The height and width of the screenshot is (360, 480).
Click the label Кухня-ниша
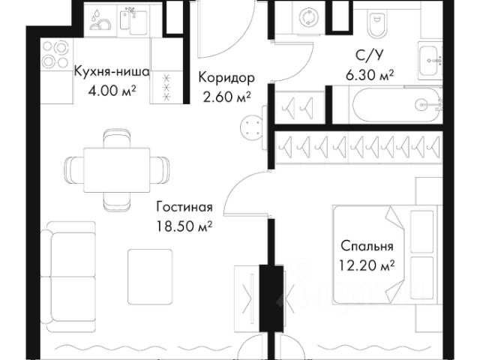point(112,73)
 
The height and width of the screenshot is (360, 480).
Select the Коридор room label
point(226,78)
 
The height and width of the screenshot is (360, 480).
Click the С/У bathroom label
point(367,55)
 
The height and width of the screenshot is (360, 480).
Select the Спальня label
point(367,246)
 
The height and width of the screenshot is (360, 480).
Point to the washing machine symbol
point(307,19)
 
